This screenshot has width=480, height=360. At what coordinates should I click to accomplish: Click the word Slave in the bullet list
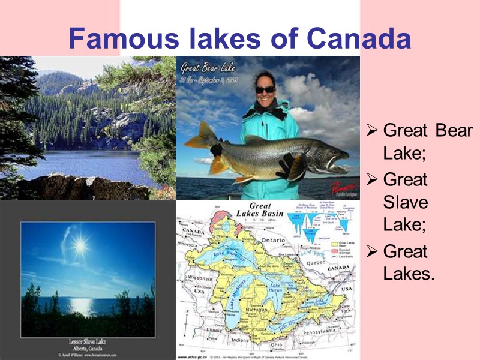[406, 202]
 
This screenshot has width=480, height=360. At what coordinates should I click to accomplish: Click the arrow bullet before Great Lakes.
[372, 251]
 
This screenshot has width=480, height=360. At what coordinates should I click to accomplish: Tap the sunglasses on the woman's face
[265, 89]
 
